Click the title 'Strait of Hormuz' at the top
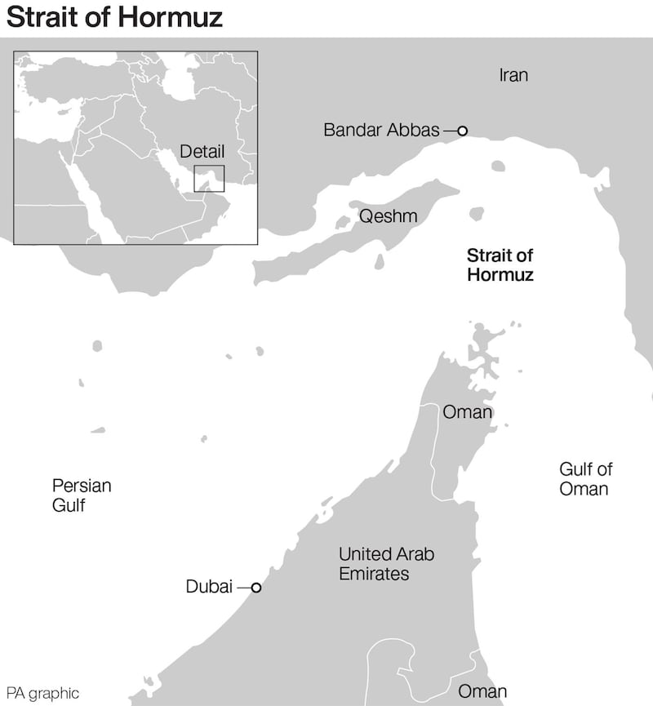click(114, 18)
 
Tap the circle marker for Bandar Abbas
click(462, 130)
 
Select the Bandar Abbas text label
click(381, 130)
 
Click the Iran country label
click(513, 76)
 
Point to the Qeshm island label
click(388, 216)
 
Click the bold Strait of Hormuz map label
click(500, 265)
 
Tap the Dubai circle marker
click(255, 587)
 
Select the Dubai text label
click(209, 587)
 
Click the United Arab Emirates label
click(386, 564)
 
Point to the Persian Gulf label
click(81, 495)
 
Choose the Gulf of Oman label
click(585, 479)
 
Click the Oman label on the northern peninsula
click(467, 412)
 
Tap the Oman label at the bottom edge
click(482, 691)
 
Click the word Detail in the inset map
click(202, 152)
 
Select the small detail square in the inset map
click(209, 177)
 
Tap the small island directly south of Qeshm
click(380, 263)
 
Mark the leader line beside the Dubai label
click(243, 587)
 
